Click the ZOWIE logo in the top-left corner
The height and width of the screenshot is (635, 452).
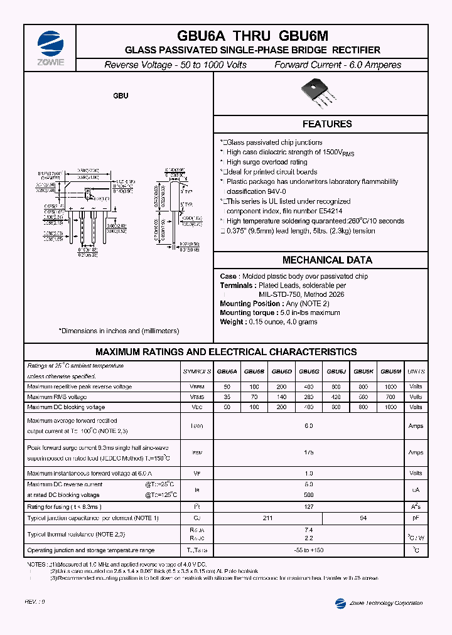50,44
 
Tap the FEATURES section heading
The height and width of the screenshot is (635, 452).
327,124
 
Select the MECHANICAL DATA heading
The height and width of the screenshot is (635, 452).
327,260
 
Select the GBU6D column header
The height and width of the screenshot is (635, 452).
281,371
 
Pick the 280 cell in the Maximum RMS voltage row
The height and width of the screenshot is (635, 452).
309,397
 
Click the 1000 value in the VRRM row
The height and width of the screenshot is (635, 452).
391,387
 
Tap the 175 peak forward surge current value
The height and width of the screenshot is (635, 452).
308,452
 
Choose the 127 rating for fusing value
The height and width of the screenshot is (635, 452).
308,507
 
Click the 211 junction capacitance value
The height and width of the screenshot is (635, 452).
267,518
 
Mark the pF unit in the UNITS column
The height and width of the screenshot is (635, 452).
416,518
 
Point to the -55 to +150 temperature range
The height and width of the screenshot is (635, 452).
308,550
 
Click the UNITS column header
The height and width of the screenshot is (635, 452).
416,371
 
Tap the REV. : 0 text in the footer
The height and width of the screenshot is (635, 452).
35,601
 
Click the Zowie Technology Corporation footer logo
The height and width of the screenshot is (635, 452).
379,603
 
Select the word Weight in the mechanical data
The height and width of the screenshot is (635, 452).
232,322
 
